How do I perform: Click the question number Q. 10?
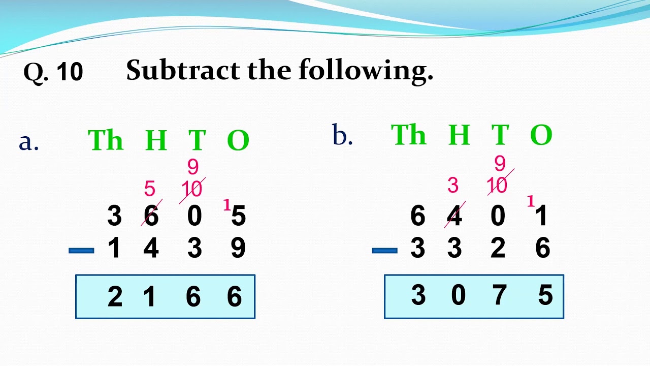tap(53, 72)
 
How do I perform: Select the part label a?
tap(28, 142)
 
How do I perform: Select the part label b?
tap(342, 136)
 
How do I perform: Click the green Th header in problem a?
tap(106, 140)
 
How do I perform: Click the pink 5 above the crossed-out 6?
tap(149, 189)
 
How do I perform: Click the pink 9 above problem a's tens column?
tap(193, 167)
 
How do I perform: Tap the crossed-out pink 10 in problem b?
tap(498, 186)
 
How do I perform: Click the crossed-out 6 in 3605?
tap(151, 216)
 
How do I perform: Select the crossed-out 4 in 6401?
tap(454, 216)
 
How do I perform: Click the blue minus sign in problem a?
tap(81, 250)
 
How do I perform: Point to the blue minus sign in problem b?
tap(384, 250)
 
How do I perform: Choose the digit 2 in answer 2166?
tap(115, 297)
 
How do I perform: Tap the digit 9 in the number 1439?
tap(238, 249)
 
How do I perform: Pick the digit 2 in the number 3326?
tap(498, 249)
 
